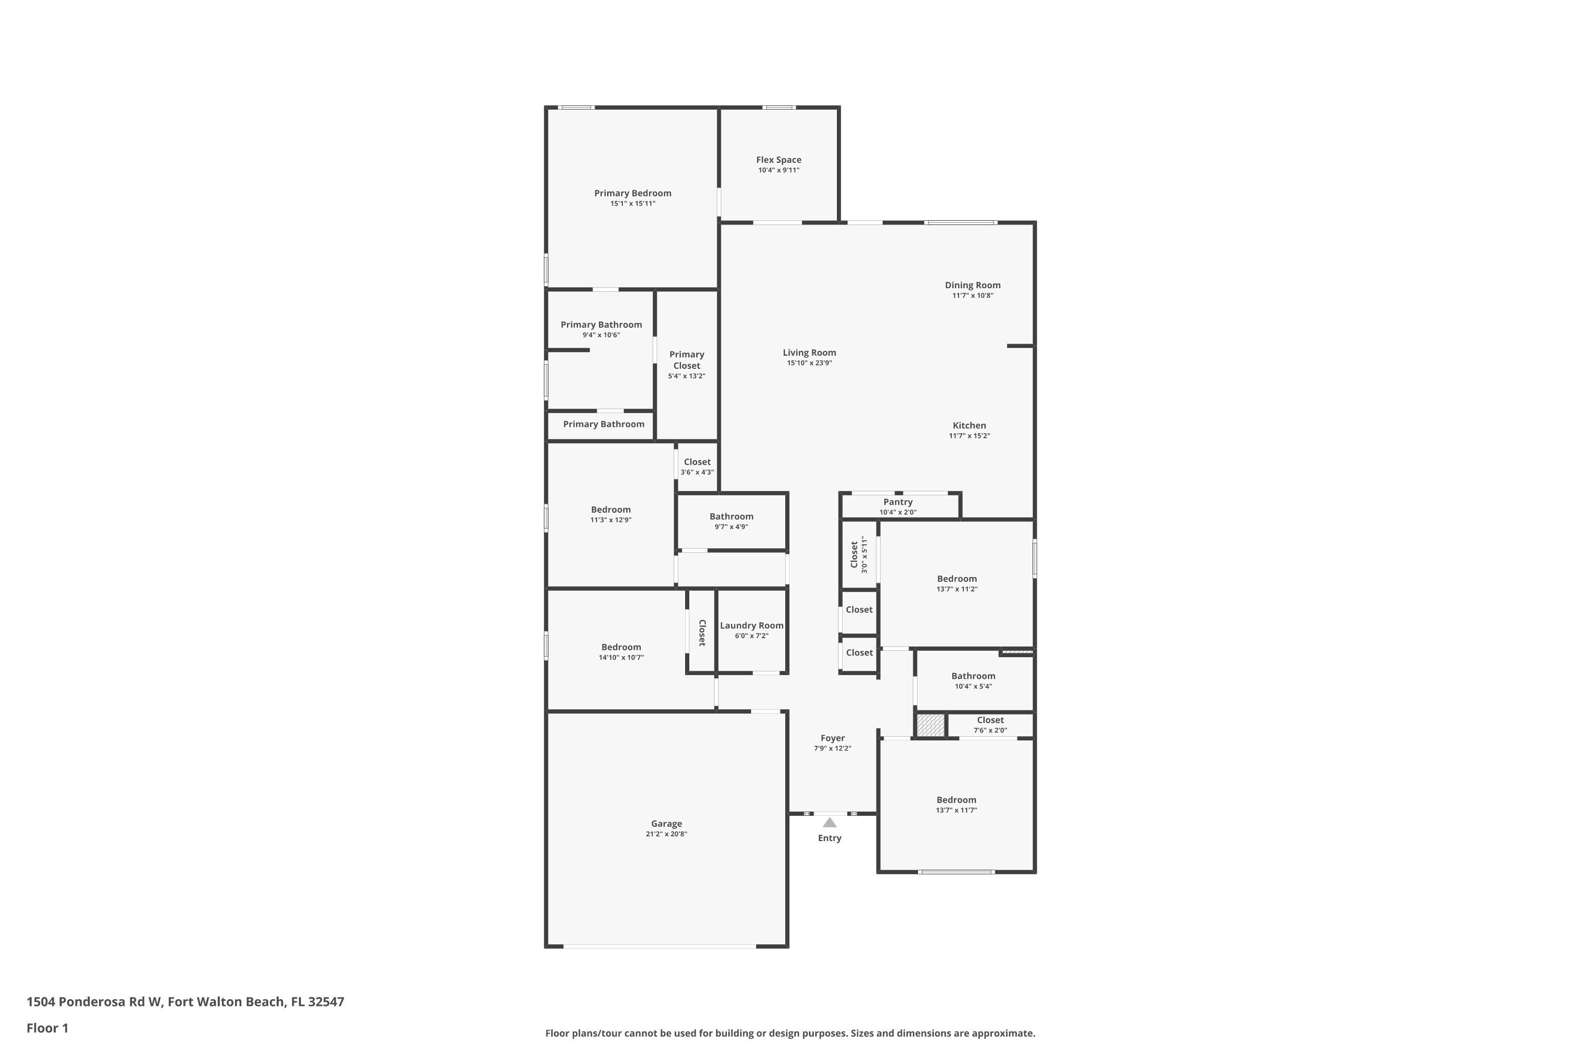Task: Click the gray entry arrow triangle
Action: click(829, 823)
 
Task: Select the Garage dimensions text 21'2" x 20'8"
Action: click(666, 834)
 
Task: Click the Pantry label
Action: click(897, 502)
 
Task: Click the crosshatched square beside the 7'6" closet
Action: click(930, 725)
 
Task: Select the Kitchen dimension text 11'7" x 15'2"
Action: click(969, 436)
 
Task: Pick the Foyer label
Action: click(832, 738)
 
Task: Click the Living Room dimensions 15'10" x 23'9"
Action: click(809, 363)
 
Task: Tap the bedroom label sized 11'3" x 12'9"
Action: click(610, 510)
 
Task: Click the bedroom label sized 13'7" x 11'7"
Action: click(956, 800)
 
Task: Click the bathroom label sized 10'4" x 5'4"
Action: click(973, 676)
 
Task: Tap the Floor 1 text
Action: click(47, 1028)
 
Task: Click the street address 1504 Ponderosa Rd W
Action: click(94, 1002)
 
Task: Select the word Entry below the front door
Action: click(829, 838)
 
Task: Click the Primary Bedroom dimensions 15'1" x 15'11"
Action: click(632, 203)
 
